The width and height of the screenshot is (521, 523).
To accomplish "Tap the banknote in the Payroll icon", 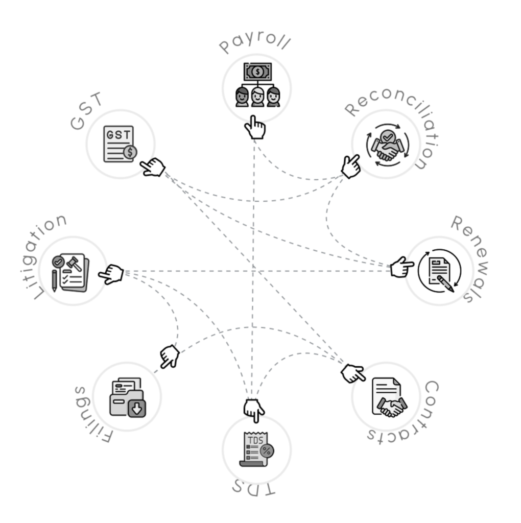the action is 257,72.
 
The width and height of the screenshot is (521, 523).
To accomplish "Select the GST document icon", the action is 120,144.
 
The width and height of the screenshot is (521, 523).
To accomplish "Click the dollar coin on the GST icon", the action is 130,152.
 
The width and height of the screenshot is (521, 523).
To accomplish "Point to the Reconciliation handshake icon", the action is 388,145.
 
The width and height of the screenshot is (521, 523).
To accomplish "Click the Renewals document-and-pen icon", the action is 440,271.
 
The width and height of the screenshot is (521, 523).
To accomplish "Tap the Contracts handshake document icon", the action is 389,397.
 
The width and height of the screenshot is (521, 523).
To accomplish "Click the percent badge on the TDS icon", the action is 267,451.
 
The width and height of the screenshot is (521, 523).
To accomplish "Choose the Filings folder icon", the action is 128,397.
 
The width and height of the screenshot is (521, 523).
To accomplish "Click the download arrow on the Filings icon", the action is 137,408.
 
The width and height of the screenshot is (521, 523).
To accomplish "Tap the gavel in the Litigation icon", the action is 74,264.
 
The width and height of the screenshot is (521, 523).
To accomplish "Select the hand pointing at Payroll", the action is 255,127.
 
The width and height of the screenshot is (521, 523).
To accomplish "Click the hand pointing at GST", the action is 152,167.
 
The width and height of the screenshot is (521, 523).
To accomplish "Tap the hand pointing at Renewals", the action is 401,267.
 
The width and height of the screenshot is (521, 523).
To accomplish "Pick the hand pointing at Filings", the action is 170,356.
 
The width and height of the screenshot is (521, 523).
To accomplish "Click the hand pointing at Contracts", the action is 353,373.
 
